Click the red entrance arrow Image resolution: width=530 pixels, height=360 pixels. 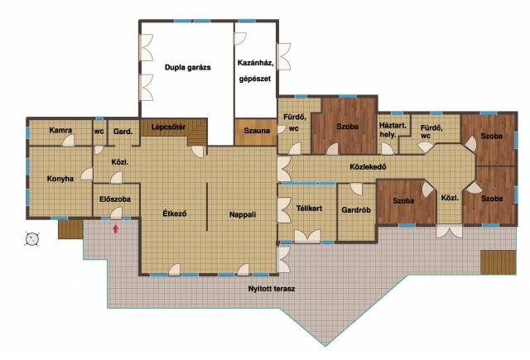(116, 229)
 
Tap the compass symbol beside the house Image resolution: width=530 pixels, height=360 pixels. (32, 239)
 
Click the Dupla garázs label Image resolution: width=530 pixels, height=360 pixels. (188, 67)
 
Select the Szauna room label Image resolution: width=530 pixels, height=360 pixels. (257, 131)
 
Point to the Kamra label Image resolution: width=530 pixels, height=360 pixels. (60, 130)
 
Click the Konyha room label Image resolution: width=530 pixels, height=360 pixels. (60, 178)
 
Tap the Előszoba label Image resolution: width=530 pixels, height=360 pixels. (115, 199)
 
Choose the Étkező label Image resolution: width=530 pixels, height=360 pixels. (175, 214)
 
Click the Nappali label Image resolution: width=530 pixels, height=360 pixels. (243, 214)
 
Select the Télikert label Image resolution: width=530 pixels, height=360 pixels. (309, 209)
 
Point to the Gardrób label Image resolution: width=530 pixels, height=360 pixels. (356, 209)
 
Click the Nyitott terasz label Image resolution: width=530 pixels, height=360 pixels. (272, 289)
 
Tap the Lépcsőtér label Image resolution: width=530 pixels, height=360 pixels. (168, 127)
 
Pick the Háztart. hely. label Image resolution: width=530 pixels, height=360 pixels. (393, 130)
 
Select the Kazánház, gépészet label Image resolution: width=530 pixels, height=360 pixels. (255, 71)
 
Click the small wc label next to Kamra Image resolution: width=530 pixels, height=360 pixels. (99, 131)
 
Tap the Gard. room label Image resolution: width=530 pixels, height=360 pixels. (123, 132)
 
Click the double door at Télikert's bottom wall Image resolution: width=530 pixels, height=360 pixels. (307, 237)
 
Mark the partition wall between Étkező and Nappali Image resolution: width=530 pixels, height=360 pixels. (207, 207)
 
